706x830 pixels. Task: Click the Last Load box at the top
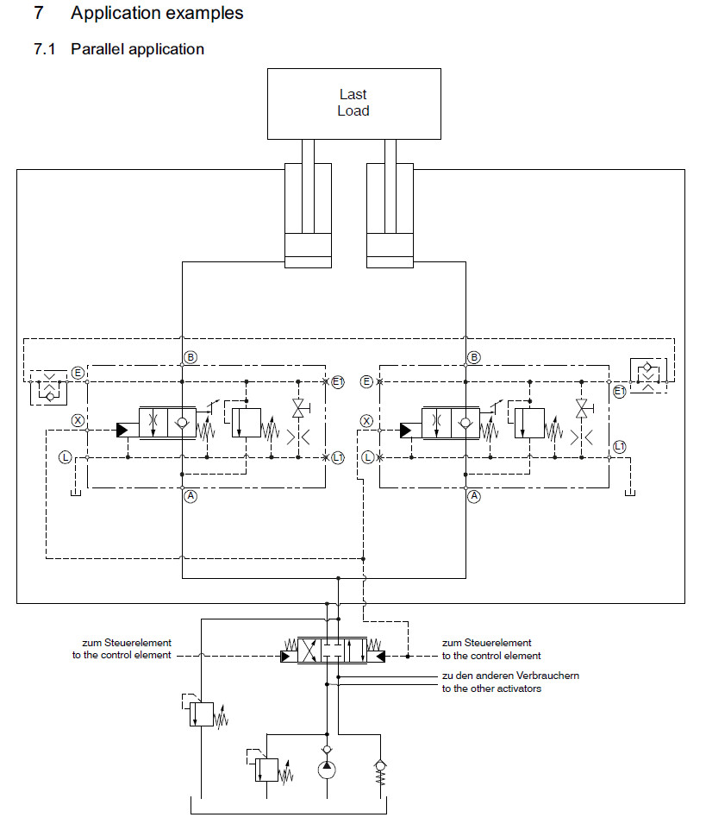(353, 103)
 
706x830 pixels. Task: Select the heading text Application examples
(157, 14)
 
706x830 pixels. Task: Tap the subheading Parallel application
(137, 49)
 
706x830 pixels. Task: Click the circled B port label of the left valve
(191, 357)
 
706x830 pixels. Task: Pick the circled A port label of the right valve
(473, 496)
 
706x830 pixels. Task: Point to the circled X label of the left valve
(78, 421)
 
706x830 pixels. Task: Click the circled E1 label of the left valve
(338, 381)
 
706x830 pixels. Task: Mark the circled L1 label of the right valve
(619, 446)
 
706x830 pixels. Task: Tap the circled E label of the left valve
(78, 373)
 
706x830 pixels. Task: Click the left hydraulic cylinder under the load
(308, 217)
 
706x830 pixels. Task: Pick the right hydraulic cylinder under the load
(390, 217)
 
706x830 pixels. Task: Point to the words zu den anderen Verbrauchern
(510, 676)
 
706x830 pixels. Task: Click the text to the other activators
(491, 689)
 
